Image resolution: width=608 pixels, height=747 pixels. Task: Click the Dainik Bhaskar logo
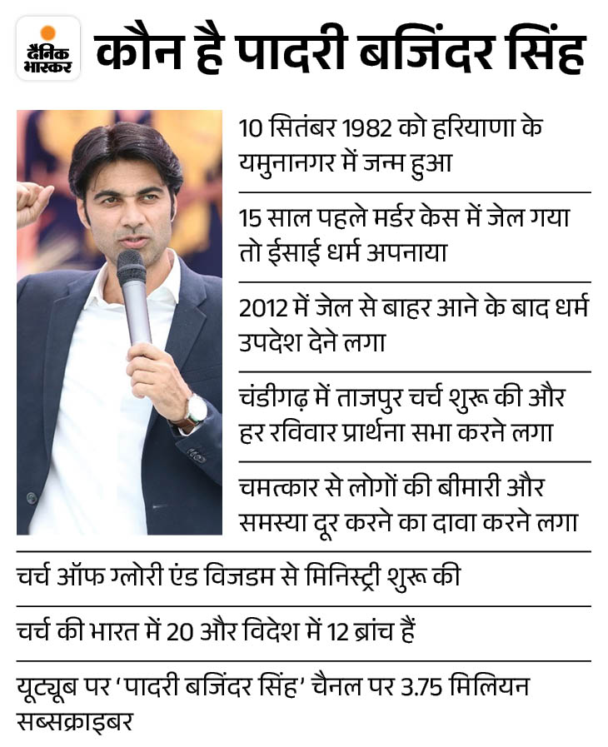[48, 48]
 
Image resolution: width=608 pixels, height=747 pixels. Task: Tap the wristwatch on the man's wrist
[195, 410]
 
